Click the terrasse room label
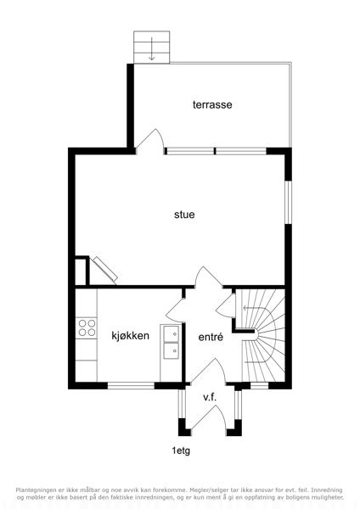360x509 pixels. (212, 104)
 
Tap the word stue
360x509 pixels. (184, 215)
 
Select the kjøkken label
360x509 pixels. (130, 335)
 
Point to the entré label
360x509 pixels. (211, 337)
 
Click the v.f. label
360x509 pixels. (210, 397)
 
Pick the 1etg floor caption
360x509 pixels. (181, 450)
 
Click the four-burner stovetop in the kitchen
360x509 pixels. (87, 327)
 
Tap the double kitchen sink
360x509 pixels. (171, 342)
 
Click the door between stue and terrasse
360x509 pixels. (149, 141)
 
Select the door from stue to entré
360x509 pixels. (209, 277)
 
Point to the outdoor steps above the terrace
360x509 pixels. (152, 47)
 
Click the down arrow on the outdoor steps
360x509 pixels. (152, 48)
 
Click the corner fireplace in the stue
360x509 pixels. (104, 270)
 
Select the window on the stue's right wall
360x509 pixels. (288, 202)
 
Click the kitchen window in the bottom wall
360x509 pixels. (131, 386)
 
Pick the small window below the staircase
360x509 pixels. (260, 386)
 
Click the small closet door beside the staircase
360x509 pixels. (226, 305)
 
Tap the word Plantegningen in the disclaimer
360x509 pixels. (35, 489)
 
